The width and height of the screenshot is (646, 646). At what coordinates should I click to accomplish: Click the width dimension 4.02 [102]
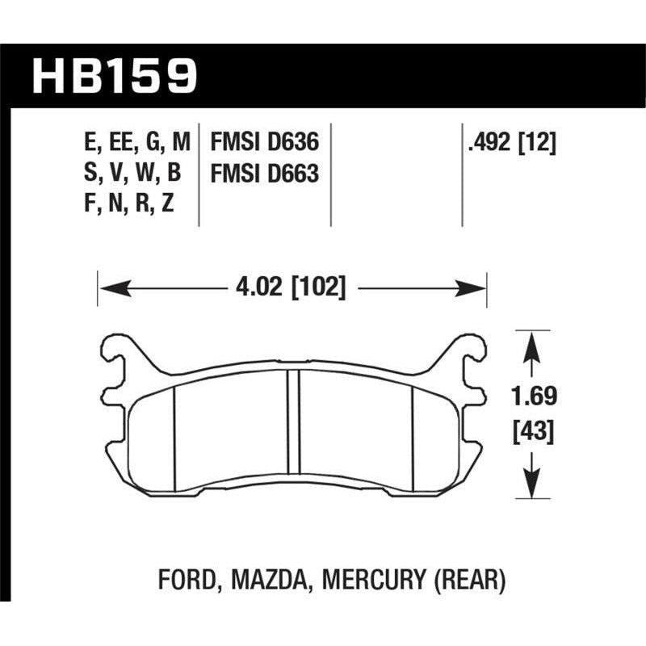coord(292,287)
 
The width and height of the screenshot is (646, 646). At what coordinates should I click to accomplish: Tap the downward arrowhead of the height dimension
coord(531,486)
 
